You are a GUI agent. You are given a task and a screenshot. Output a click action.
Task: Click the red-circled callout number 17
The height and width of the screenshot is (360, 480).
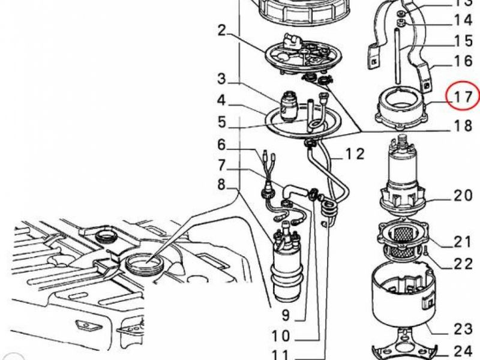coord(463,97)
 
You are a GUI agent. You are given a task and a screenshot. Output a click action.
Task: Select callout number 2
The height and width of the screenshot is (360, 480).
coord(221,31)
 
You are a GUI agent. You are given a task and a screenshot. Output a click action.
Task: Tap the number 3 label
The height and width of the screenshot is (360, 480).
coord(221,79)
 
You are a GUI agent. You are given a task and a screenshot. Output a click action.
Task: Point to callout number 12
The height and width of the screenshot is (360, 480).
coord(355,154)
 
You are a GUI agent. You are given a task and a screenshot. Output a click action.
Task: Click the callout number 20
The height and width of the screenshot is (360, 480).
coord(463,196)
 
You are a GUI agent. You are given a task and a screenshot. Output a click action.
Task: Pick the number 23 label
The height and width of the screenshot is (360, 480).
coord(463,329)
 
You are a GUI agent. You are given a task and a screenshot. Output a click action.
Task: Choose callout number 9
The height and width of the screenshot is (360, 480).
coord(286,314)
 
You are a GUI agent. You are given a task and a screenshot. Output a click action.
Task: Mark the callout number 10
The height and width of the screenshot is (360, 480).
coord(281,336)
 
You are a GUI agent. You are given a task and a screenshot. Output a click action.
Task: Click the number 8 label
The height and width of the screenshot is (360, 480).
coord(221,185)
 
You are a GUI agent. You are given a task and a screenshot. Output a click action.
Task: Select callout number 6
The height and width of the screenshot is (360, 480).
coord(221,145)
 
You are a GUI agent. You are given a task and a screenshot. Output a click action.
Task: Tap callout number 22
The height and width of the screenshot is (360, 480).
coord(463,264)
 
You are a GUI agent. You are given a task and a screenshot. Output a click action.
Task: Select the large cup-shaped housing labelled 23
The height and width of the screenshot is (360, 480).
coord(403,295)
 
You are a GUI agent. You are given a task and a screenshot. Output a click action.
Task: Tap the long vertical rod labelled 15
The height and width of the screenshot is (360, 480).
coord(397,55)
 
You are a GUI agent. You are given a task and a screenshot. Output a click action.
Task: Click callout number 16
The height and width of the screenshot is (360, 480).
coord(463,61)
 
